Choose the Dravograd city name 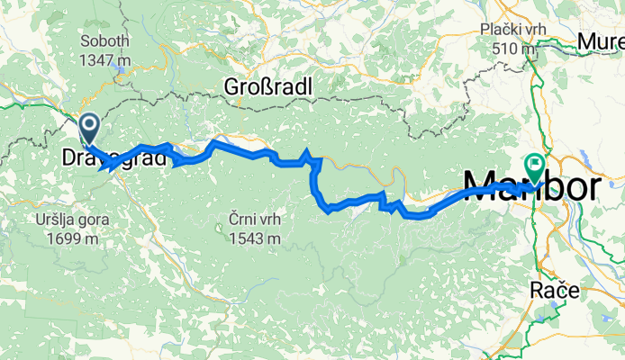114,157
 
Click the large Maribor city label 530,185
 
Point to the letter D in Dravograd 68,157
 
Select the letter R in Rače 537,293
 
